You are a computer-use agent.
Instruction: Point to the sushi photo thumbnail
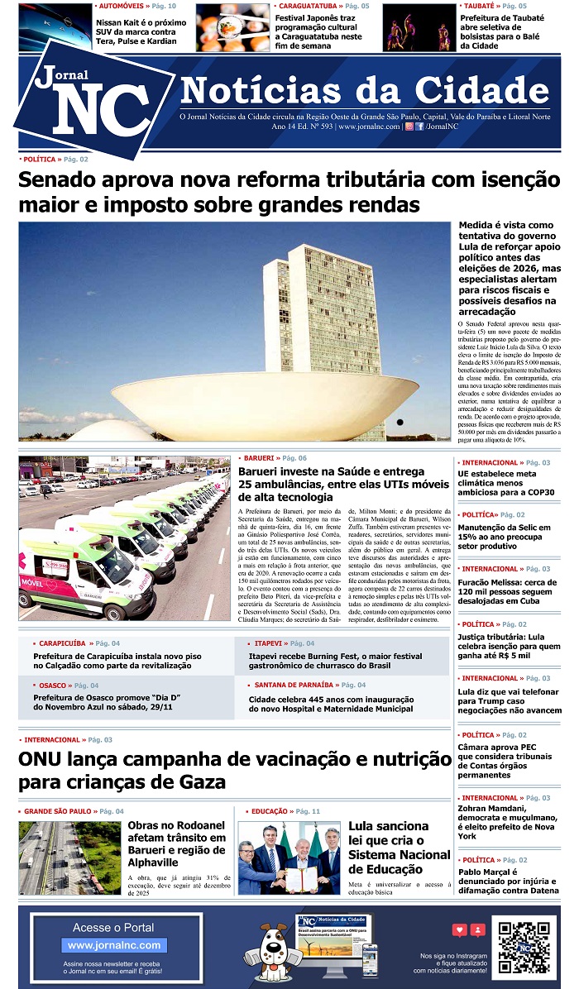point(232,27)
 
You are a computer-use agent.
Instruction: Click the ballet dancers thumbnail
point(419,27)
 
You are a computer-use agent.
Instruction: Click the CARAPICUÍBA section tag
point(62,643)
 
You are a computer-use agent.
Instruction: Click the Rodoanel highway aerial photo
point(69,858)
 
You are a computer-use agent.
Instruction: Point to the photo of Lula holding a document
point(289,858)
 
